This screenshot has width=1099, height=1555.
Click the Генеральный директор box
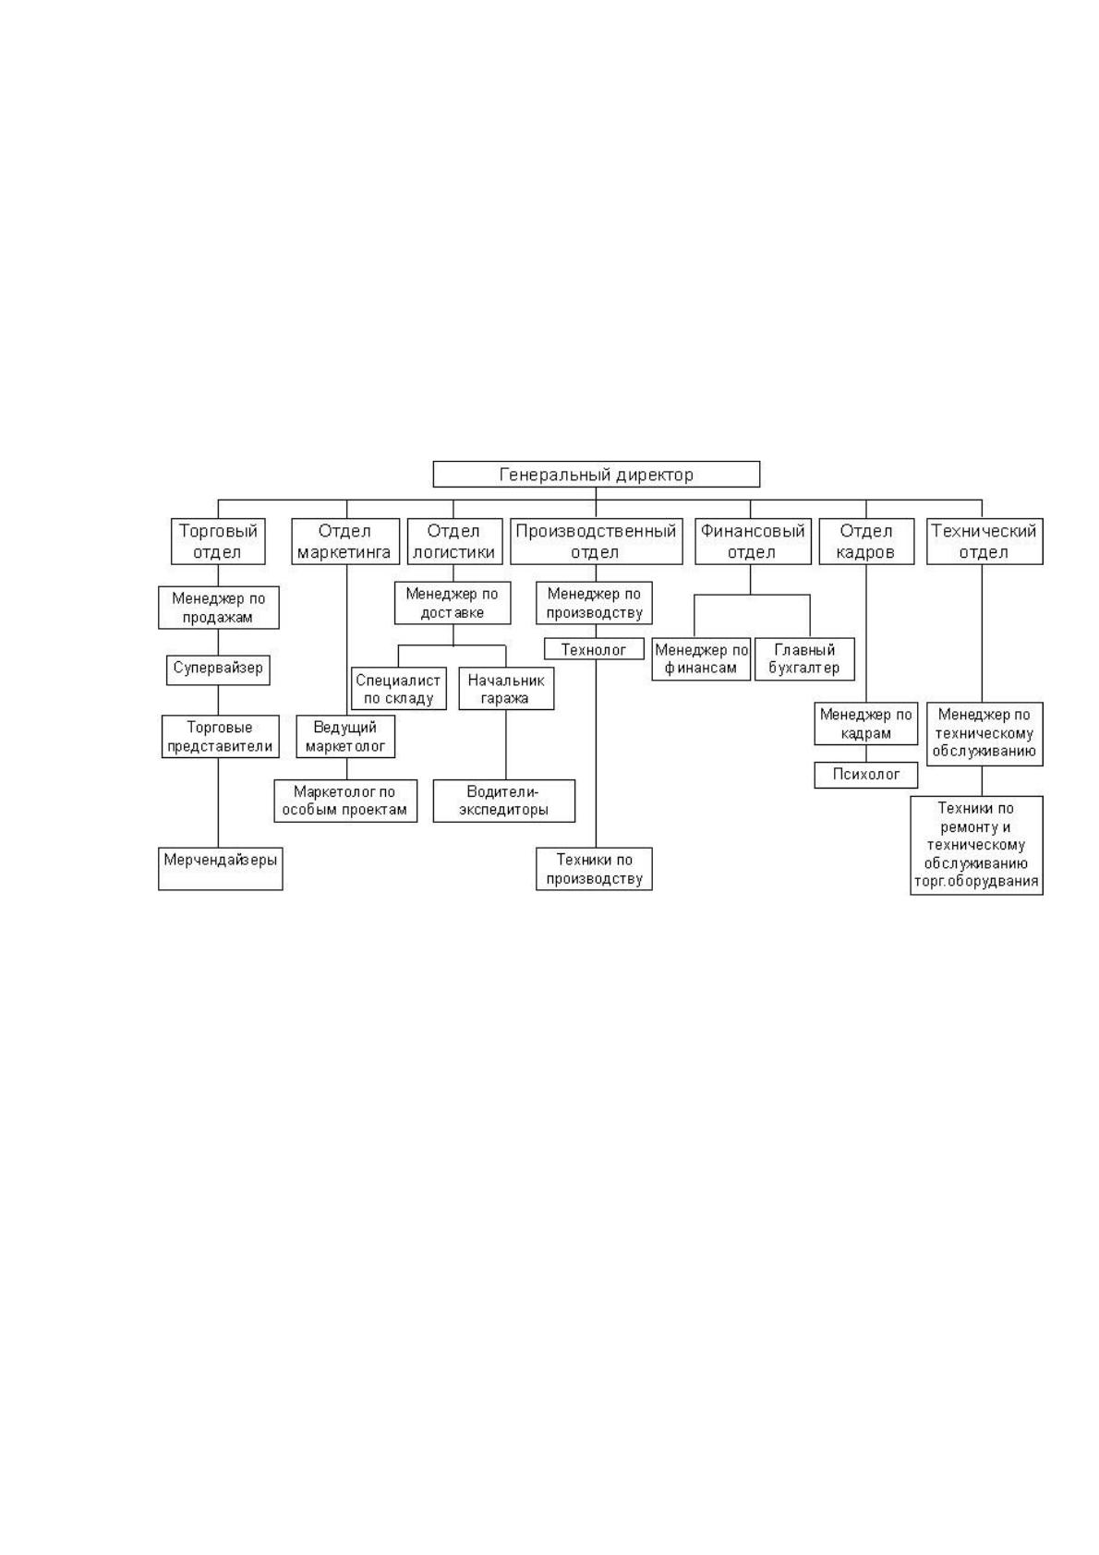coord(596,474)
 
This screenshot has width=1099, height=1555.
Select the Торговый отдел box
coord(218,541)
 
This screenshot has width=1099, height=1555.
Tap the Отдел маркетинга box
coord(345,541)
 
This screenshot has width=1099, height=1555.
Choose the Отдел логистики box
coord(454,541)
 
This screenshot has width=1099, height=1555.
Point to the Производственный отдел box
coord(596,541)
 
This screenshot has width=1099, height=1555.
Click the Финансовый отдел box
coord(753,541)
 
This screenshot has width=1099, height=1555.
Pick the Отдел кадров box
coord(865,541)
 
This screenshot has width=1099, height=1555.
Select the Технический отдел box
coord(984,541)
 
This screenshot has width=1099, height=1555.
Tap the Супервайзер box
coord(218,669)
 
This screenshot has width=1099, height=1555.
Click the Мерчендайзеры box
coord(220,868)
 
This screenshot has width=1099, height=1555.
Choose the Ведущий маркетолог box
coord(345,736)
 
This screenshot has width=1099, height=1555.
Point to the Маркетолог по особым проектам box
coord(345,801)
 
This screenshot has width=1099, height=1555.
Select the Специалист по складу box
coord(398,688)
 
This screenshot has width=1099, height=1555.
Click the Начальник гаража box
coord(506,688)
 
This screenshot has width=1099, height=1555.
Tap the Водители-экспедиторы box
coord(504,801)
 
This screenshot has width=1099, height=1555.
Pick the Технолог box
coord(594,648)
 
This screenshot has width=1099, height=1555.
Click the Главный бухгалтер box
coord(804,658)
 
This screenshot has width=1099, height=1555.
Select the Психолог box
coord(865,775)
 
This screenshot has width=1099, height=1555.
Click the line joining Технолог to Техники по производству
coord(596,753)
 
